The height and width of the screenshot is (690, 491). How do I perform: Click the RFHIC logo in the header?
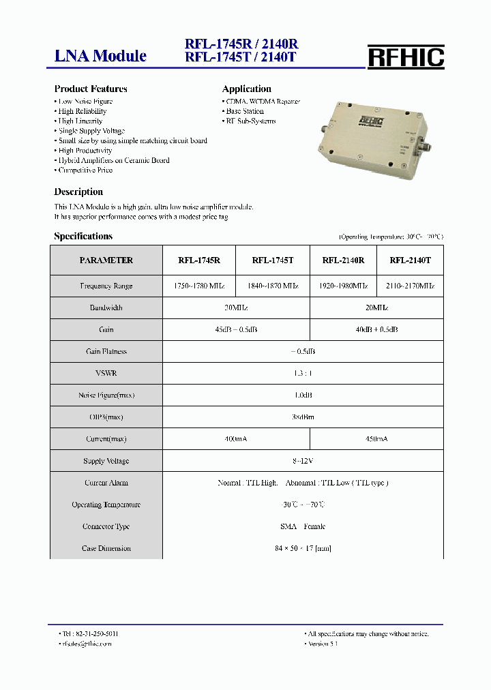(406, 57)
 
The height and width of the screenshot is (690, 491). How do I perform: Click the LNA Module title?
(100, 56)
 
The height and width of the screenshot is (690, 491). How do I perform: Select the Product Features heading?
(91, 89)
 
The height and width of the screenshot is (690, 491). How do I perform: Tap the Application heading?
(246, 89)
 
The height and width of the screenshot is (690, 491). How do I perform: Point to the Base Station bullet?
(245, 111)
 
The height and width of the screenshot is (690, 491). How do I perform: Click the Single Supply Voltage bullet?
(91, 131)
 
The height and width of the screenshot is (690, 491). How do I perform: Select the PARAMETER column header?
(106, 260)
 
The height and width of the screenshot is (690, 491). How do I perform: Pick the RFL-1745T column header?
(272, 260)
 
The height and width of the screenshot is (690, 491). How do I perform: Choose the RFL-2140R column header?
(343, 260)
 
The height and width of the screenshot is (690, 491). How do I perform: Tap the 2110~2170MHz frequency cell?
(410, 286)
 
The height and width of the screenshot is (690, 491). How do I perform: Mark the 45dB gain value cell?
(236, 330)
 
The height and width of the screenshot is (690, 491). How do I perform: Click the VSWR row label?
(106, 374)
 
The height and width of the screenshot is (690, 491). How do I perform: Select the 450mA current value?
(376, 439)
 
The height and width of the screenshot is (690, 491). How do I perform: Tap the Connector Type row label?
(106, 526)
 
